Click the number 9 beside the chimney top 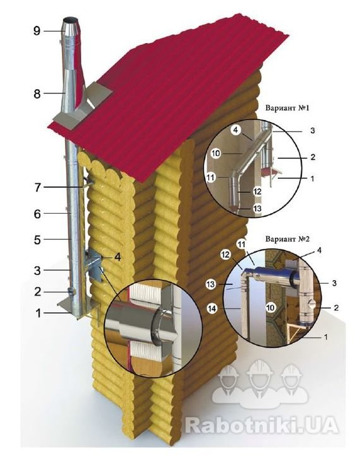click(37, 31)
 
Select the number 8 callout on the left click(37, 94)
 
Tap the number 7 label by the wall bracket click(38, 188)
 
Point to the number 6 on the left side click(37, 214)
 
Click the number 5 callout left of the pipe click(37, 240)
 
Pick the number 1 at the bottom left click(39, 313)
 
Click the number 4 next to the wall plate click(117, 257)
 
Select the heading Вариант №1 click(287, 108)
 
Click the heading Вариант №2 click(287, 239)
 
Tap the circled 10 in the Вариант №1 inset click(216, 153)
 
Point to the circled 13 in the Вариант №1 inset click(257, 209)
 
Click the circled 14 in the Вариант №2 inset click(212, 308)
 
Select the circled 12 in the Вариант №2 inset click(225, 255)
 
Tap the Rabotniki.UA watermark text click(261, 425)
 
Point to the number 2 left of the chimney click(38, 291)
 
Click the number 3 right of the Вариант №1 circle click(313, 131)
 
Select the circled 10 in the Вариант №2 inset click(271, 307)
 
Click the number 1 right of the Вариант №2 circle click(326, 337)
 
